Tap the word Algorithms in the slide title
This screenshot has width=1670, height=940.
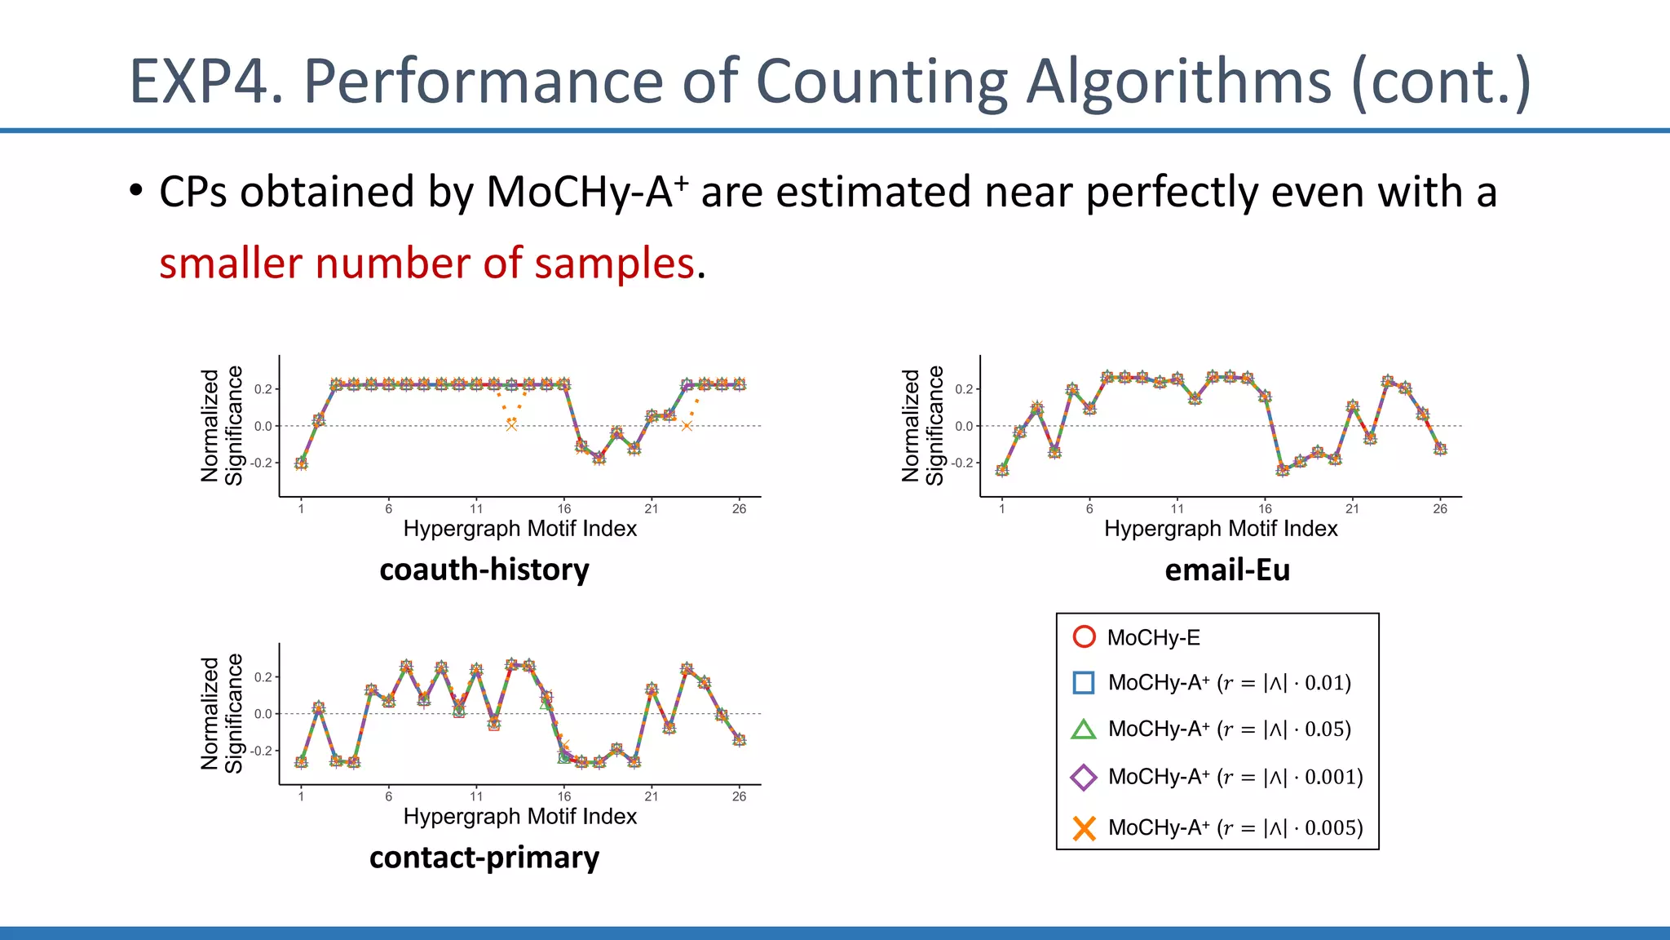(1178, 82)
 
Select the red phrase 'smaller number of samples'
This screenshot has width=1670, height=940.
(426, 264)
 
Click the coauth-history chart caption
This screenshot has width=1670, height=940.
(484, 570)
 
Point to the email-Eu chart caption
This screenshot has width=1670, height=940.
(1227, 570)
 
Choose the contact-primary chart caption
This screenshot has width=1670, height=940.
(484, 858)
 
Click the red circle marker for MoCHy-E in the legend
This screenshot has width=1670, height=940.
(1084, 637)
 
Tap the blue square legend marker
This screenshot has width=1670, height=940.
(1084, 683)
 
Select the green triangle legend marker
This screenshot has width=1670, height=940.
(1084, 729)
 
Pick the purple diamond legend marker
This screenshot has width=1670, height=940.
(1084, 777)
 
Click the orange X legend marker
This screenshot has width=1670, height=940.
(1084, 828)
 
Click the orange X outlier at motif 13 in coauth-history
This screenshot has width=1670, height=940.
(511, 425)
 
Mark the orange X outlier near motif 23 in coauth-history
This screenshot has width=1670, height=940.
(687, 425)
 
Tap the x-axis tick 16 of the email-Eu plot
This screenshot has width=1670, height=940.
(1265, 509)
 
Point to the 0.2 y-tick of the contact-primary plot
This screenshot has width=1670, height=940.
(263, 677)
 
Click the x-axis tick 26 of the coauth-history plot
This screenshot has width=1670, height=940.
(739, 509)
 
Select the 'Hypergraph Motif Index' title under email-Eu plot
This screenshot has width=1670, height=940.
(1221, 529)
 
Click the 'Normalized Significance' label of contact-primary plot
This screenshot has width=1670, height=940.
(222, 713)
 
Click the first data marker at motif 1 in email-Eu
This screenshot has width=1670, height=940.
(1002, 470)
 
